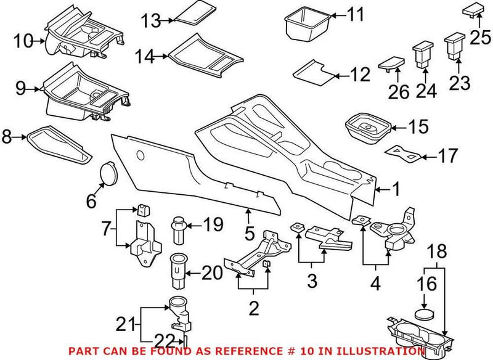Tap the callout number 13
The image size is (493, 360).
(150, 20)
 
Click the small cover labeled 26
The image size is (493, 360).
(391, 64)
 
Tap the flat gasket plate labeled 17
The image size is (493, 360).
(404, 152)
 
